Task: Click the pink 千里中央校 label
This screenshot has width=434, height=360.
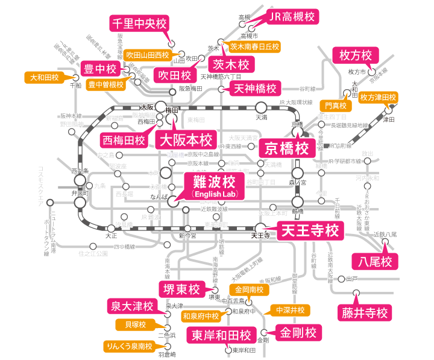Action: [x=138, y=24]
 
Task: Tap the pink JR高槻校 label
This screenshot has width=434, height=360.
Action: [x=292, y=16]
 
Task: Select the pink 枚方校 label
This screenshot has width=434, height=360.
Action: [x=356, y=55]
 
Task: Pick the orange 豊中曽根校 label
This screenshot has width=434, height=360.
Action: [x=105, y=84]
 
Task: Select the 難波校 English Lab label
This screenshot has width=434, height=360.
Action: [x=214, y=186]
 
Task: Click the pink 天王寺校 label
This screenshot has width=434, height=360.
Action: [x=310, y=230]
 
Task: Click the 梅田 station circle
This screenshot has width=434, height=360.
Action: [x=162, y=105]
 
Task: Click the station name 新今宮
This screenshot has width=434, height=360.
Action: [x=187, y=236]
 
